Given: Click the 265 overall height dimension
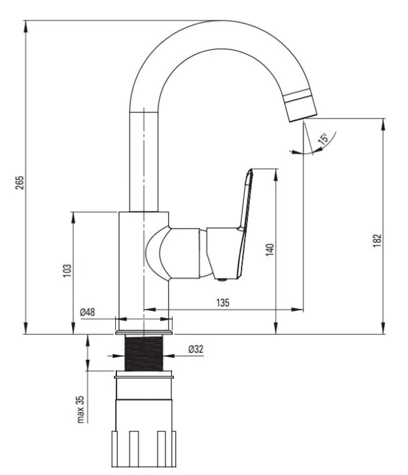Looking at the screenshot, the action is [x=20, y=182].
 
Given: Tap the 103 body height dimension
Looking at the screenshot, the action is [x=67, y=270].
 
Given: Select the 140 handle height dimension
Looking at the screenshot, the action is [x=269, y=250].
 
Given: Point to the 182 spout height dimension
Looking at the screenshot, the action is [x=377, y=241].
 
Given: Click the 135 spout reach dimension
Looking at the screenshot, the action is [x=223, y=303].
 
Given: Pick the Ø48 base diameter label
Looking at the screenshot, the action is [x=87, y=312].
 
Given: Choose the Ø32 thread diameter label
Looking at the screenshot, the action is [x=196, y=349].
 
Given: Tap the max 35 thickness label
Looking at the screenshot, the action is [x=80, y=409].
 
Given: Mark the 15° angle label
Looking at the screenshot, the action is [x=323, y=139].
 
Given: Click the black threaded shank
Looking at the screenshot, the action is [x=144, y=353].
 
